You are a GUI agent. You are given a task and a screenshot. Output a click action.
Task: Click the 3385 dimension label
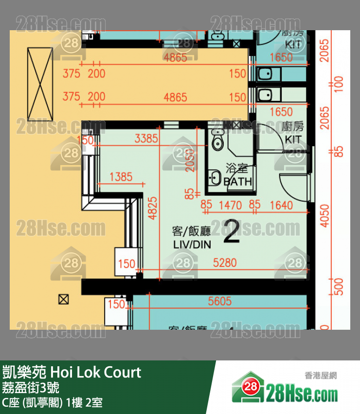click(x=146, y=139)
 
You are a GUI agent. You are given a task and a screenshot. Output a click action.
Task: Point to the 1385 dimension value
click(x=121, y=177)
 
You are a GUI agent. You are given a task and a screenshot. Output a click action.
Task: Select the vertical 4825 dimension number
click(x=153, y=209)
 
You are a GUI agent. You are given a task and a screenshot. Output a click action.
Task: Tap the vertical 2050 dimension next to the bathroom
click(x=191, y=161)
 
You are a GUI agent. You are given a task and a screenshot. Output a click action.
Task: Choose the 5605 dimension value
click(x=219, y=301)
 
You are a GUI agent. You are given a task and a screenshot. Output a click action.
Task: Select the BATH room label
click(x=237, y=181)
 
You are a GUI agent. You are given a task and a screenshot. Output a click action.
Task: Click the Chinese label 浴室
click(x=237, y=169)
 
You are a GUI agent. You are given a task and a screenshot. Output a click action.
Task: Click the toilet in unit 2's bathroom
click(x=217, y=141)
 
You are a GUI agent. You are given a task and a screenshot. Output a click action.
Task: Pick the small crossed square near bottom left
click(x=63, y=299)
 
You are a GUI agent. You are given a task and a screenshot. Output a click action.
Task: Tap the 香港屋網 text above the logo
click(x=321, y=376)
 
